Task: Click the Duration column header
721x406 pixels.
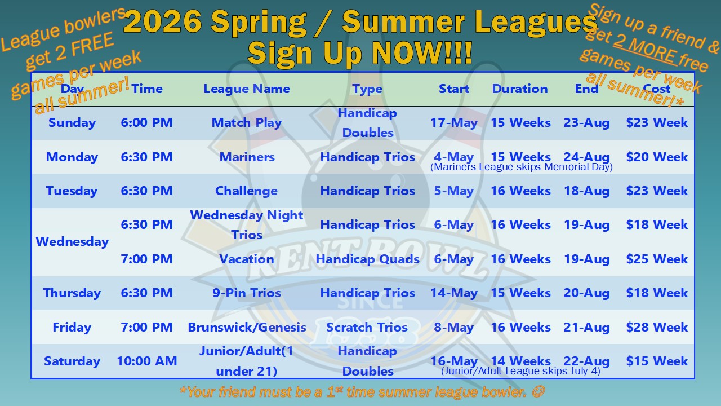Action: click(x=520, y=89)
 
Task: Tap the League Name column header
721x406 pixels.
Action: click(x=247, y=89)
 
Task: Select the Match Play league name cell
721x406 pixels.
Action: click(x=247, y=123)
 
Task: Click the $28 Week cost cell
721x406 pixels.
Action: click(x=657, y=327)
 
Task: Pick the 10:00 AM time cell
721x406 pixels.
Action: click(x=147, y=361)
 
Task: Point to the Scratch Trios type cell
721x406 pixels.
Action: click(x=367, y=327)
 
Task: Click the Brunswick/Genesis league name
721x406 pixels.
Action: click(x=247, y=328)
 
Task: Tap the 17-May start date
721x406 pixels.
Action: click(x=454, y=123)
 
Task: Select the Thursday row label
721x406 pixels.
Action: click(x=72, y=293)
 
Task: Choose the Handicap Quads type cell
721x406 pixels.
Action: click(x=368, y=259)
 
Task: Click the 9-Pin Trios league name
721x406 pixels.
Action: click(x=247, y=293)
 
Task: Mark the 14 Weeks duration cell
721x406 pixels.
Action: click(x=520, y=361)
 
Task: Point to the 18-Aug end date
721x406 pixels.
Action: click(x=587, y=191)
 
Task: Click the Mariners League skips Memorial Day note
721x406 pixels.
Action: click(x=522, y=167)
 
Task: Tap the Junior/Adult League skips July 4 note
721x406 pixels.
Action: click(x=521, y=371)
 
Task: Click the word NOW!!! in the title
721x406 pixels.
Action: click(x=422, y=52)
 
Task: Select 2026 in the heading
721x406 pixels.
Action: click(x=163, y=22)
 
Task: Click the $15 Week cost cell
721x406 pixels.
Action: click(x=657, y=361)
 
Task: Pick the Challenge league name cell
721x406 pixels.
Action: click(x=246, y=191)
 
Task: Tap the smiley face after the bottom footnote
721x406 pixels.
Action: click(x=538, y=392)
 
